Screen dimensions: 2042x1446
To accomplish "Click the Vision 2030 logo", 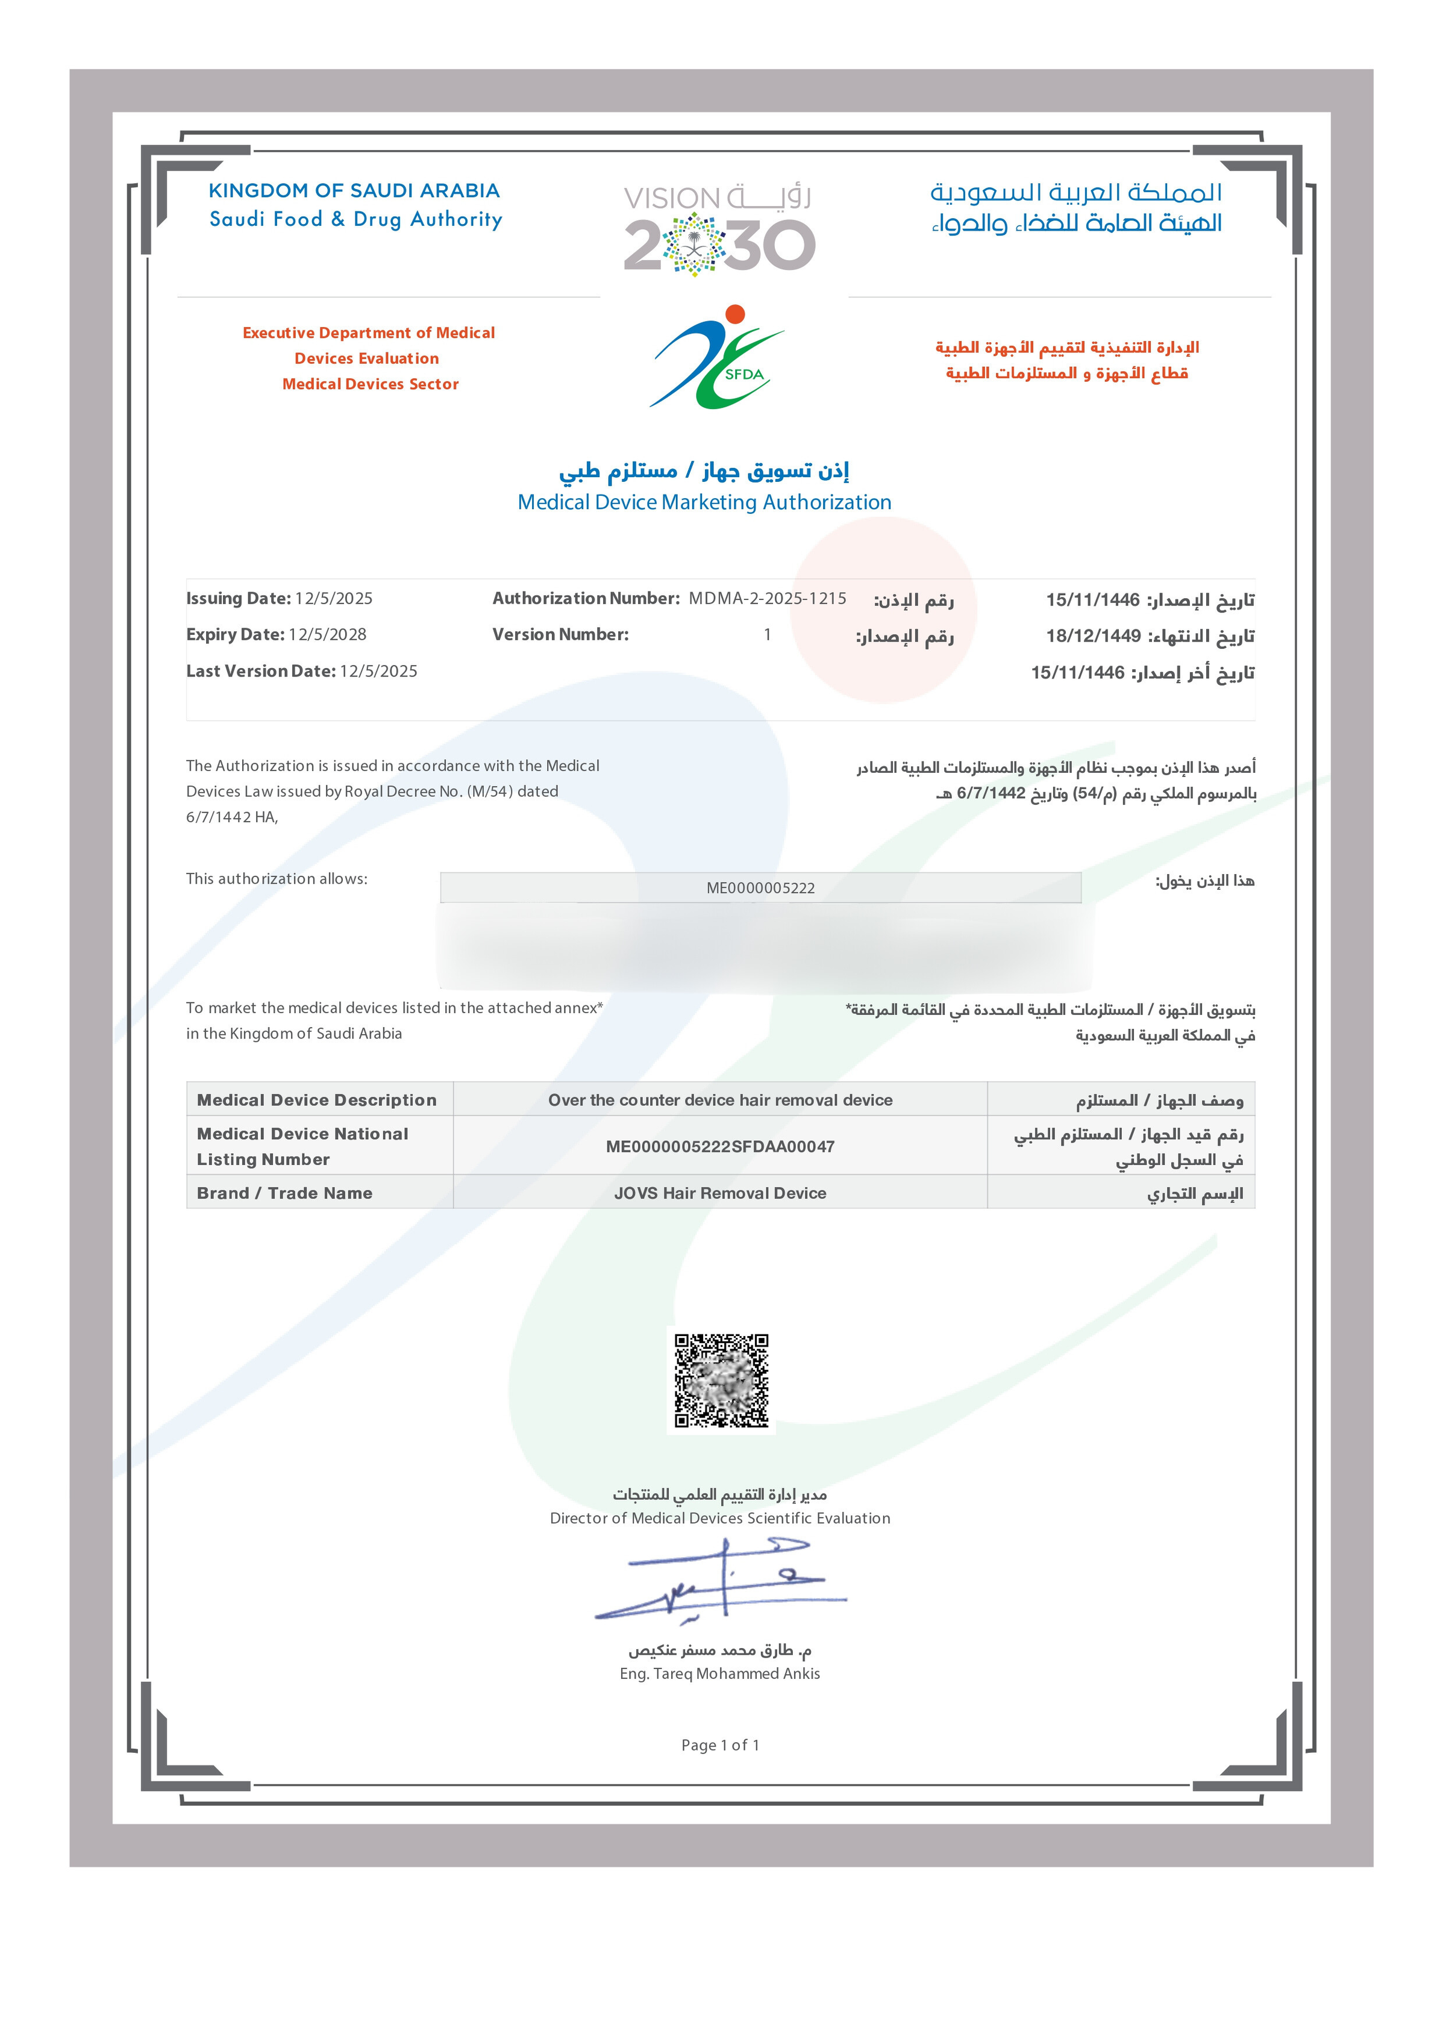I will pyautogui.click(x=719, y=228).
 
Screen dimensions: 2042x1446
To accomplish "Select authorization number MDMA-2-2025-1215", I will pyautogui.click(x=766, y=598).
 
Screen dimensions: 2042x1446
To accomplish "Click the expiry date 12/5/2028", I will pyautogui.click(x=327, y=635).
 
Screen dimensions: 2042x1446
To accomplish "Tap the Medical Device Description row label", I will pyautogui.click(x=316, y=1101).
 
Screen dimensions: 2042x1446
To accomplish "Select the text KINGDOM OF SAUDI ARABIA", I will pyautogui.click(x=354, y=190).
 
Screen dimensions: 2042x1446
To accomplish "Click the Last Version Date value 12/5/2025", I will pyautogui.click(x=378, y=671).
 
